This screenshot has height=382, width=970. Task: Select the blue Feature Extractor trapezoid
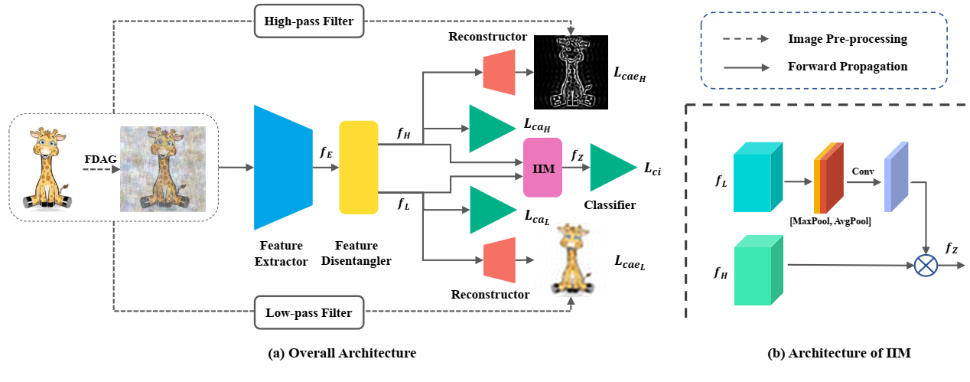point(283,167)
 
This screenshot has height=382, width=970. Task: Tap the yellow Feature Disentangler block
point(359,167)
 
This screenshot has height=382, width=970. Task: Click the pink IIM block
point(542,167)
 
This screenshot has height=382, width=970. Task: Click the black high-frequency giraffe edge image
point(570,71)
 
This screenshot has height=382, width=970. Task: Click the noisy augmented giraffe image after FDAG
point(163,168)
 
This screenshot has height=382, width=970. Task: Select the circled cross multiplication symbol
point(926,265)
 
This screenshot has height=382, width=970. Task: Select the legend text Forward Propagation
point(847,67)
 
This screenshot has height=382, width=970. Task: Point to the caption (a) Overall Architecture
point(342,354)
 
